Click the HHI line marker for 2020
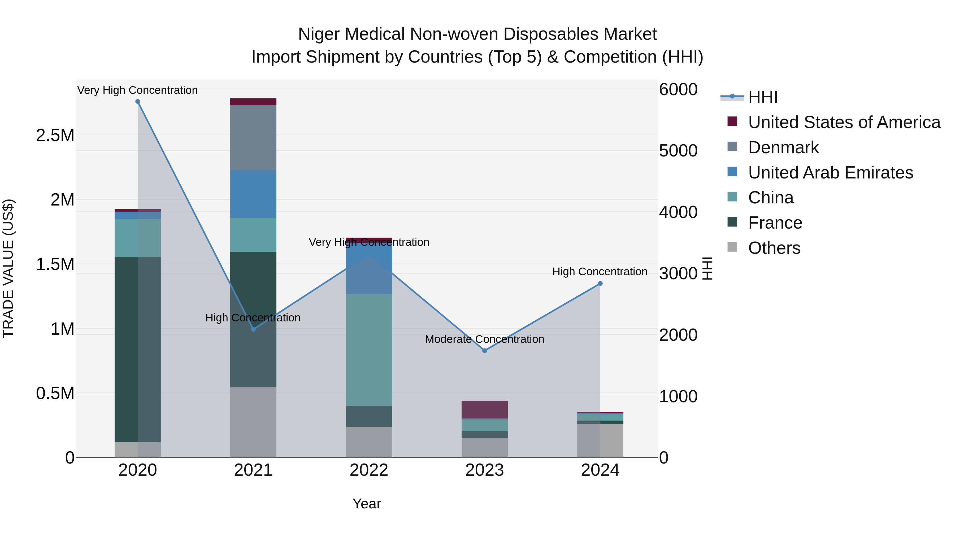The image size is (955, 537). pos(137,102)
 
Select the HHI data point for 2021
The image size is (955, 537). pos(253,329)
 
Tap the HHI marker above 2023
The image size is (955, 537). pos(485,351)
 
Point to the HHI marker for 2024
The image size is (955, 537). pos(600,283)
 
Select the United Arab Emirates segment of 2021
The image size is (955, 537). pos(253,194)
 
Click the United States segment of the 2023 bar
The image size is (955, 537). pos(485,409)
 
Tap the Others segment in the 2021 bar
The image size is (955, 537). pos(253,422)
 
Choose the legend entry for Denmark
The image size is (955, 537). pos(783,147)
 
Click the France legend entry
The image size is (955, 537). pos(775,223)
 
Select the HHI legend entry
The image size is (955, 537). pos(763,97)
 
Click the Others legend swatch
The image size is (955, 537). pos(732,247)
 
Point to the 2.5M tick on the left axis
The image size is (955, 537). pos(55,136)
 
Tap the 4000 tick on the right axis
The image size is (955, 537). pos(678,212)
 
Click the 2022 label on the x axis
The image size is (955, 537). pos(369,470)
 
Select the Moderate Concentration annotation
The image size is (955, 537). pos(485,339)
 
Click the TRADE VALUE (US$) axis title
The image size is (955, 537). pos(8,268)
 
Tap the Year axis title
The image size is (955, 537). pos(367,504)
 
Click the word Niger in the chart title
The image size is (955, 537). pos(319,34)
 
